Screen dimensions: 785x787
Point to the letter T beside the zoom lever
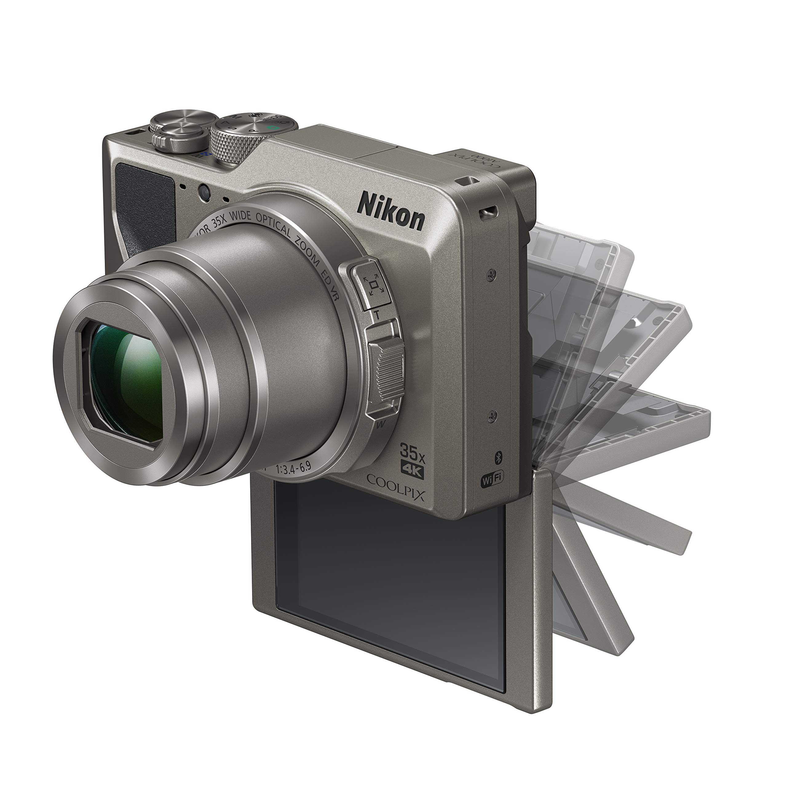(x=378, y=315)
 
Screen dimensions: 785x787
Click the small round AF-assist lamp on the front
(x=204, y=191)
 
